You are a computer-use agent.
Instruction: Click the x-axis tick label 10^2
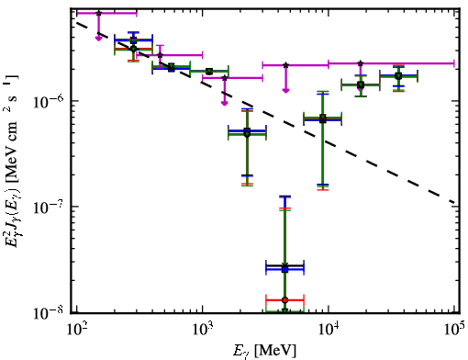(76, 330)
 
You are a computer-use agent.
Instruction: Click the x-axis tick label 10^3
(202, 330)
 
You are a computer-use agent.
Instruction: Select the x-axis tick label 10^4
(329, 330)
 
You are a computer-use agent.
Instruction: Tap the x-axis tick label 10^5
(455, 330)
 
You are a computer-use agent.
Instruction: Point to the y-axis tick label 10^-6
(49, 102)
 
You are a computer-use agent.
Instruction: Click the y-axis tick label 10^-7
(49, 208)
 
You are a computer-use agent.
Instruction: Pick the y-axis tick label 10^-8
(49, 313)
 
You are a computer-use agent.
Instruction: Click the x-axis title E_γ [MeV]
(264, 351)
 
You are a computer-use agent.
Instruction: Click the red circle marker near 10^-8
(284, 300)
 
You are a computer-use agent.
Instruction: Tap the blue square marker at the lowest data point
(284, 269)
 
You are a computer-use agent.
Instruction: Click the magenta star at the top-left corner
(98, 13)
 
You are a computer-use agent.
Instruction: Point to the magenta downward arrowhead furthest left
(98, 39)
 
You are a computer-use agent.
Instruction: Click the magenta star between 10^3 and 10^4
(285, 65)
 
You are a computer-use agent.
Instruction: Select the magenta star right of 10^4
(361, 63)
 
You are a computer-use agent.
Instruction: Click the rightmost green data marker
(398, 76)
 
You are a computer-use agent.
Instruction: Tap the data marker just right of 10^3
(209, 72)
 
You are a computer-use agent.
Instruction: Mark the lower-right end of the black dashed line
(455, 203)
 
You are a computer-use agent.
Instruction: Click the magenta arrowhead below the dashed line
(225, 103)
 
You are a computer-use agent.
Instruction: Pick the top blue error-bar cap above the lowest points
(284, 197)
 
